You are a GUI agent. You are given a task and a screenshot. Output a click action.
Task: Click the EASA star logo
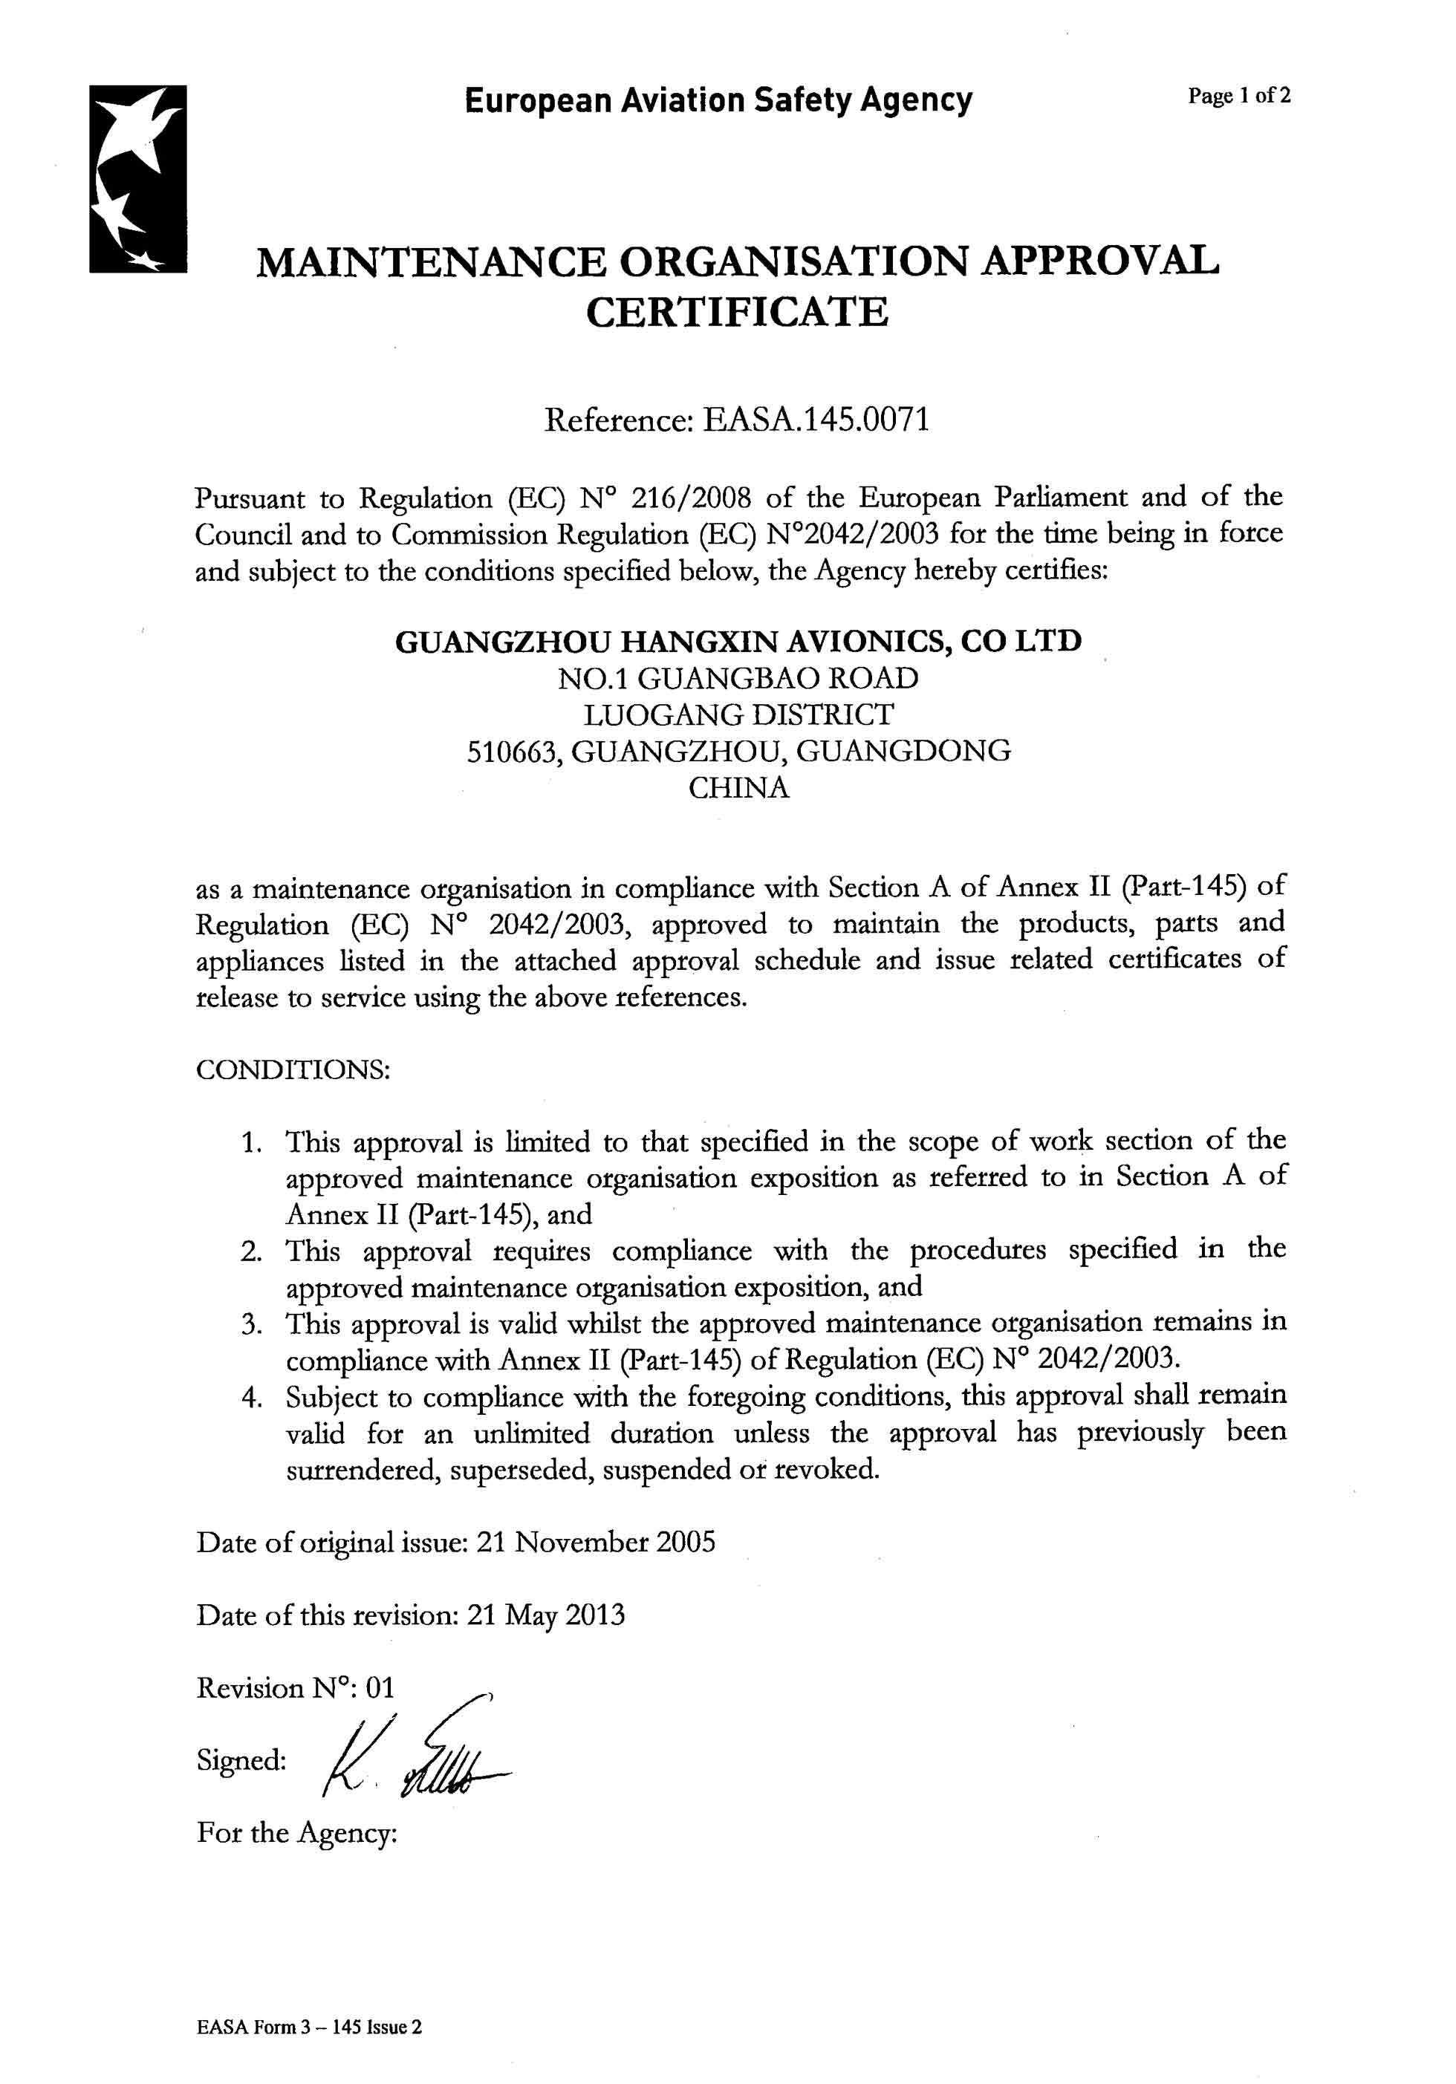138,179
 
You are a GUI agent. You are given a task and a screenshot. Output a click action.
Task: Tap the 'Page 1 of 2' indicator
1239,97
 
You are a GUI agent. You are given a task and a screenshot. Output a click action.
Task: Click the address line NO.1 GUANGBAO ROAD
737,678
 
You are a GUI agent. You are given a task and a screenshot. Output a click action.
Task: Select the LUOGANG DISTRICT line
737,715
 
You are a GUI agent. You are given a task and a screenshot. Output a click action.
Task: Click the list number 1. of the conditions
253,1142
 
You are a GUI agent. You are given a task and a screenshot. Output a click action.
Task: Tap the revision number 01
380,1688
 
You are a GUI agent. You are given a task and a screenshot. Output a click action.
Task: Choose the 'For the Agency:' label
297,1832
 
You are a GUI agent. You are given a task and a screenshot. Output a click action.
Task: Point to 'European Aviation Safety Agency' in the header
718,99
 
